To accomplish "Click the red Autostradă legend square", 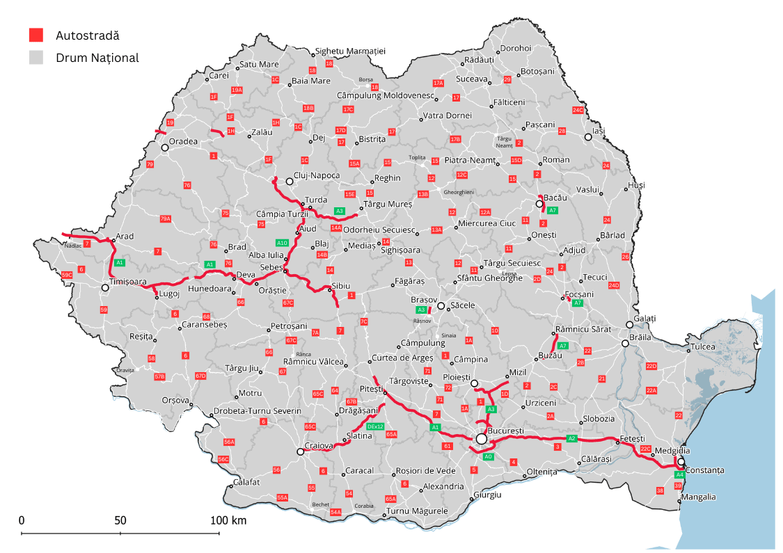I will pyautogui.click(x=35, y=35).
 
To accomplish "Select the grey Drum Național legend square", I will pyautogui.click(x=35, y=57).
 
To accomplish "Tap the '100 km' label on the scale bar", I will pyautogui.click(x=229, y=520).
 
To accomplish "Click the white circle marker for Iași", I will pyautogui.click(x=588, y=138).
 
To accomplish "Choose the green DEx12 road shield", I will pyautogui.click(x=375, y=426).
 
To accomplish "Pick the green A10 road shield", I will pyautogui.click(x=282, y=243).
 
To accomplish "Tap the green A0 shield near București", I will pyautogui.click(x=489, y=456).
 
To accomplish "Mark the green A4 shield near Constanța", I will pyautogui.click(x=680, y=474).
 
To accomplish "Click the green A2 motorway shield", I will pyautogui.click(x=572, y=438).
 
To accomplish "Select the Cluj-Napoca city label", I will pyautogui.click(x=317, y=176).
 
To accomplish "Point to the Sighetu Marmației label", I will pyautogui.click(x=350, y=51).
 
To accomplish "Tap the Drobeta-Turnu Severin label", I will pyautogui.click(x=257, y=411).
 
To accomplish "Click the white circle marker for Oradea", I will pyautogui.click(x=165, y=147).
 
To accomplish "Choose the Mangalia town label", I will pyautogui.click(x=699, y=497).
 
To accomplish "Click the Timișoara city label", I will pyautogui.click(x=128, y=282).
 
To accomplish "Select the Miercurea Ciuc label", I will pyautogui.click(x=487, y=223).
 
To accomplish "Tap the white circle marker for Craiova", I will pyautogui.click(x=300, y=451).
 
